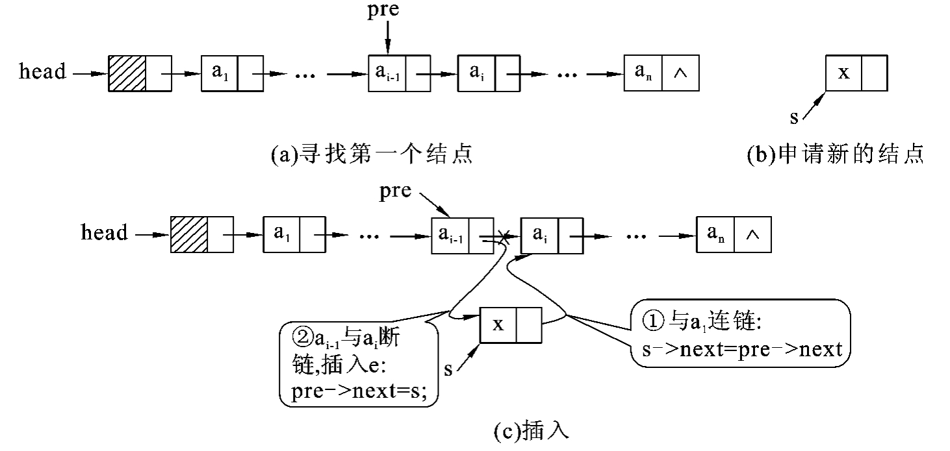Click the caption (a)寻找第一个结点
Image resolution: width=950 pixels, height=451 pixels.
tap(371, 155)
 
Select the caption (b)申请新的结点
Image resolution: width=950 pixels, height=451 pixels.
tap(836, 155)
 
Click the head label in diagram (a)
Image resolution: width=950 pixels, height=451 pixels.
tap(43, 71)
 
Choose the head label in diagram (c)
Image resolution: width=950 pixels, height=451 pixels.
tap(104, 232)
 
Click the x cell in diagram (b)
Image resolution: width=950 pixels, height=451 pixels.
tap(843, 73)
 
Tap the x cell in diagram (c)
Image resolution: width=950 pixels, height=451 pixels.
tap(498, 324)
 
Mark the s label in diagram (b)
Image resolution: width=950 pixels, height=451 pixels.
tap(793, 117)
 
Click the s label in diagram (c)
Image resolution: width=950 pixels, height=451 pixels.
tap(448, 369)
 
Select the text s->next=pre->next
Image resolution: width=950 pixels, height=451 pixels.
tap(737, 350)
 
